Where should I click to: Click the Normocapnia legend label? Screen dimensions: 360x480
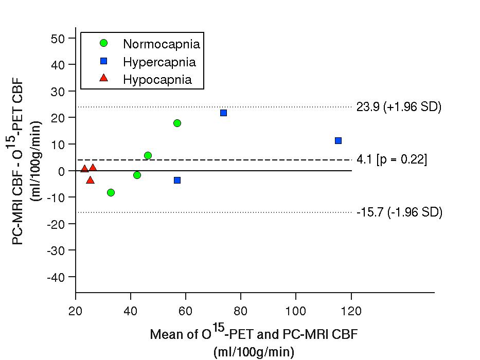(x=161, y=44)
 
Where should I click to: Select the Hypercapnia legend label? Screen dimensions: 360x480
(x=159, y=62)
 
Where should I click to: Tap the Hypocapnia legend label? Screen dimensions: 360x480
(x=157, y=80)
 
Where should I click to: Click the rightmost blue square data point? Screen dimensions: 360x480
(x=338, y=140)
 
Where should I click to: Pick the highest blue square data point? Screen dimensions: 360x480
(x=223, y=113)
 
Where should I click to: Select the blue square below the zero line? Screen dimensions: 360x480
(x=177, y=180)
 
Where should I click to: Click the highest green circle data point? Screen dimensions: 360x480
(x=177, y=123)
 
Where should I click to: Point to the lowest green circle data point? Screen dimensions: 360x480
(x=111, y=192)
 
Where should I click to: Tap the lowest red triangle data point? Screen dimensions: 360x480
(x=90, y=180)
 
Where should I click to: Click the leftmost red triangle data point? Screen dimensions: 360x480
(x=84, y=169)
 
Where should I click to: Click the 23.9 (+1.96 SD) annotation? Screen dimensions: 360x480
(x=399, y=107)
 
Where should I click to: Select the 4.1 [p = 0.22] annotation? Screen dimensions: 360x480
(x=392, y=160)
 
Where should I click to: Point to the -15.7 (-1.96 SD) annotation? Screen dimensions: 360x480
(x=399, y=212)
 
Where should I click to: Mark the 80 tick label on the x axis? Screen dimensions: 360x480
(x=241, y=311)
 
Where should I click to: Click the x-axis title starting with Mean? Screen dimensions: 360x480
(x=254, y=334)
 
